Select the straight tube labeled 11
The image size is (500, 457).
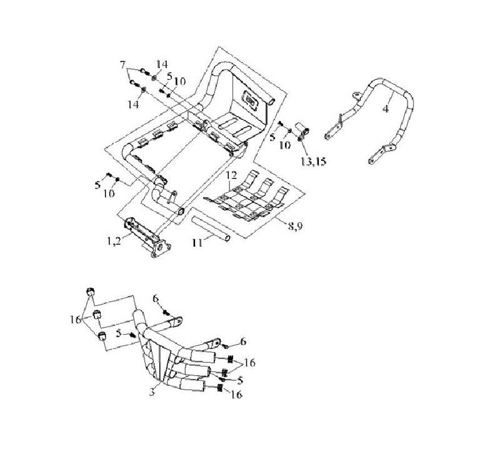(x=210, y=227)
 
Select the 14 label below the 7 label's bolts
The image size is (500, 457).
(x=133, y=104)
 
